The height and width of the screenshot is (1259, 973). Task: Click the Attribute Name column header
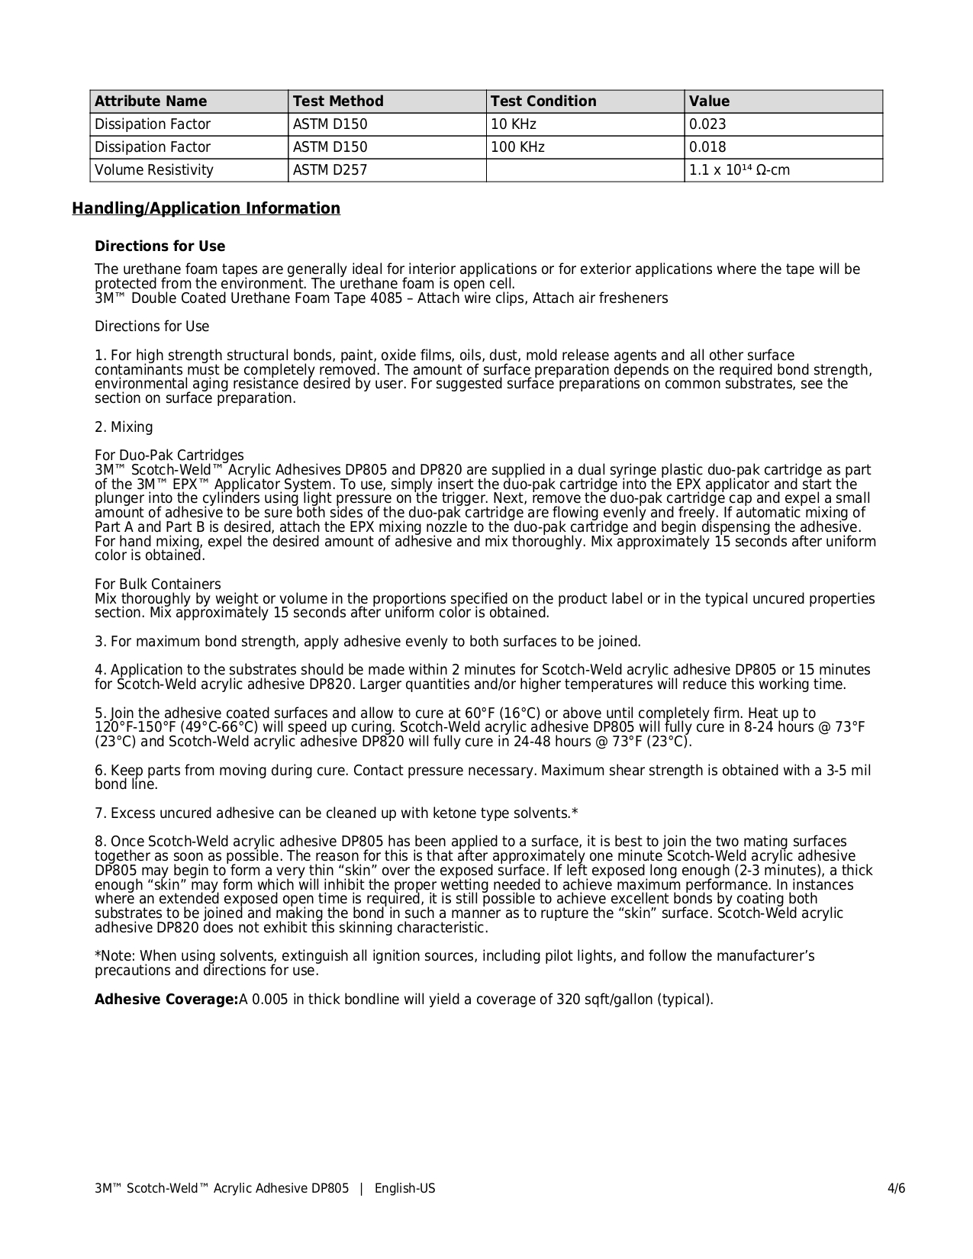150,101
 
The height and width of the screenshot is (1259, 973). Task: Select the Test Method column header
338,101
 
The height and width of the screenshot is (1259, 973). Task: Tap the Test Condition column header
543,101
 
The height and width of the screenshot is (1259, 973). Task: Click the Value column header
710,101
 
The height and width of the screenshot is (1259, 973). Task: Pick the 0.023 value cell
707,124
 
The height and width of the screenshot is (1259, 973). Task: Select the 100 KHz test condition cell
518,147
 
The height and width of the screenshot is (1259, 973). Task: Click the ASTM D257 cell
330,170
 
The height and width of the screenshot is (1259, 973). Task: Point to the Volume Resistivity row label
154,170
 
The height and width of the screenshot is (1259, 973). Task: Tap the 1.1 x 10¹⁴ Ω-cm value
739,170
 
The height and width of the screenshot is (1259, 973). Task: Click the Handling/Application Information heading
206,208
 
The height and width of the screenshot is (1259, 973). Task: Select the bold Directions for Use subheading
160,246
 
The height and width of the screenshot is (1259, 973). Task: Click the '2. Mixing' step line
124,427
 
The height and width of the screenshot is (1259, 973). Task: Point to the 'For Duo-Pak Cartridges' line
169,456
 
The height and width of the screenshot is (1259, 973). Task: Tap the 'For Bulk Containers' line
158,584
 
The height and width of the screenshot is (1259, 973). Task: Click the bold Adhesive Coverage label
166,1000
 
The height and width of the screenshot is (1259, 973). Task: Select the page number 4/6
896,1189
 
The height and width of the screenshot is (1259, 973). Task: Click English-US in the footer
404,1189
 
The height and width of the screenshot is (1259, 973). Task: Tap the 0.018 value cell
707,147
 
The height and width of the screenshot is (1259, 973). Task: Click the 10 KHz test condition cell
514,124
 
